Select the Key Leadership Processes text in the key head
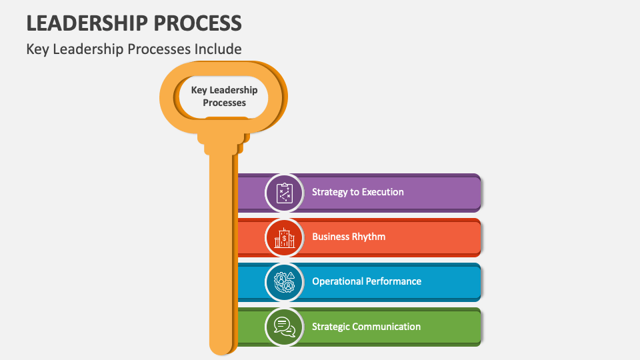[224, 97]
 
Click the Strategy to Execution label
[357, 192]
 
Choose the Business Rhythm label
[348, 237]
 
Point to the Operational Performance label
[366, 281]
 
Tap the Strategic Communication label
[366, 327]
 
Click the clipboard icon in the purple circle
[285, 193]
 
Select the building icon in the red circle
[285, 237]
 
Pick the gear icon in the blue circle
[285, 282]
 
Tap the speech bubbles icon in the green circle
[285, 327]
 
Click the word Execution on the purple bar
[382, 192]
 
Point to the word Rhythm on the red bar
[369, 237]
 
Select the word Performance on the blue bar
[393, 281]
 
